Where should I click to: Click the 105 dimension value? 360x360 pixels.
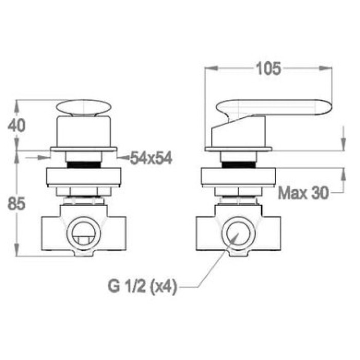tap(268, 68)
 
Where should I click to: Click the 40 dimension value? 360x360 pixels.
tap(16, 125)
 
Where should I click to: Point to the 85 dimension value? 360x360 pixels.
tap(16, 204)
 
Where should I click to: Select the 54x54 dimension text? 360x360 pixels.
tap(151, 158)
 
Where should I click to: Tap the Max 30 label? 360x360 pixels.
tap(303, 193)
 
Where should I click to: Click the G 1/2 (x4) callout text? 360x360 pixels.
tap(142, 286)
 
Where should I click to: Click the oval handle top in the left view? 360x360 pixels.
tap(83, 107)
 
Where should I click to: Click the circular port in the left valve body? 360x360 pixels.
tap(83, 233)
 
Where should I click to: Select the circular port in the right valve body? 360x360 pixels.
tap(238, 233)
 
